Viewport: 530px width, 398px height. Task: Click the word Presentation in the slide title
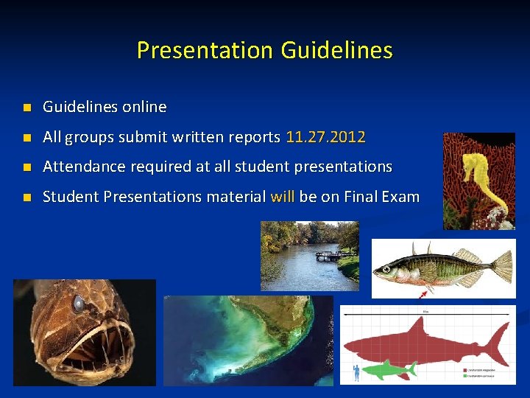pyautogui.click(x=205, y=50)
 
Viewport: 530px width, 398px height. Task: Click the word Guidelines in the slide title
pyautogui.click(x=336, y=50)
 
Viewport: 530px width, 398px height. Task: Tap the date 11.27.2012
pyautogui.click(x=325, y=137)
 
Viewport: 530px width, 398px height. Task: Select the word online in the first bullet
pyautogui.click(x=144, y=107)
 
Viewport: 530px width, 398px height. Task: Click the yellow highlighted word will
pyautogui.click(x=283, y=197)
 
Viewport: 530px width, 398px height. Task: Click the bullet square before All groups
pyautogui.click(x=26, y=138)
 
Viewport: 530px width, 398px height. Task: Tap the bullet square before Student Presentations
pyautogui.click(x=26, y=198)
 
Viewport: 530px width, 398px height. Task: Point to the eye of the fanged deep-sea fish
pyautogui.click(x=78, y=302)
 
